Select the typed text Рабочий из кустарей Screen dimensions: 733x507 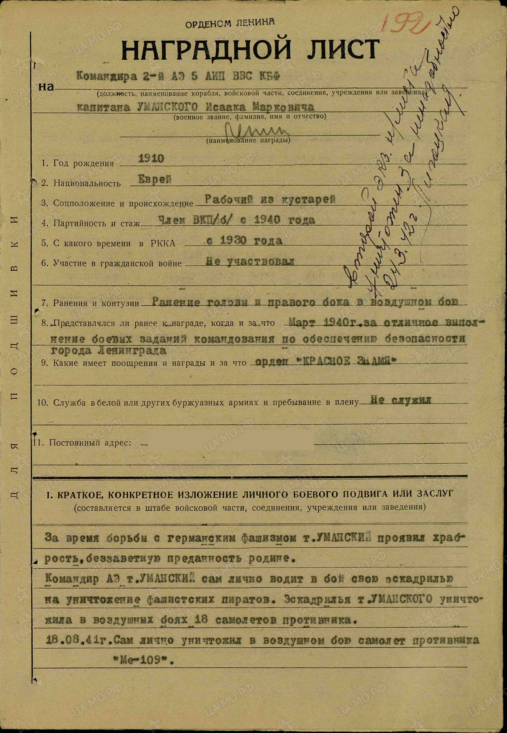coord(270,200)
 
